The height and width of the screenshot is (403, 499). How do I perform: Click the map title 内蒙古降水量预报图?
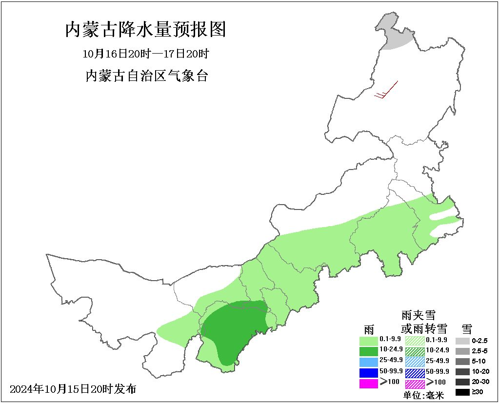click(x=145, y=30)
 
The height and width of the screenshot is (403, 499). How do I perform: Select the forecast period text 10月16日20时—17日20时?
click(x=145, y=53)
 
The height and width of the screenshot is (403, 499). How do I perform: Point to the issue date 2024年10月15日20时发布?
click(x=73, y=389)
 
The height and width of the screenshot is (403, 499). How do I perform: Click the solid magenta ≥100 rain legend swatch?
click(x=368, y=383)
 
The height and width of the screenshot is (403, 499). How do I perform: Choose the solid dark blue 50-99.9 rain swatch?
click(x=368, y=372)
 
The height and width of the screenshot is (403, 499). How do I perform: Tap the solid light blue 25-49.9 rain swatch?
click(x=368, y=362)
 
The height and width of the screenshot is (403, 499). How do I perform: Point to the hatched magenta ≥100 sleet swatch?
click(x=415, y=383)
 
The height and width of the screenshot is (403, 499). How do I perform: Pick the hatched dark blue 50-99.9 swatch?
click(x=415, y=372)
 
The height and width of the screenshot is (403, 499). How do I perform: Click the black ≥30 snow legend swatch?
click(x=463, y=392)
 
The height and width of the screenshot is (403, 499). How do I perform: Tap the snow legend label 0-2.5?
click(x=480, y=341)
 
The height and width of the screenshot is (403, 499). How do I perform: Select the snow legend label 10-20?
click(x=480, y=371)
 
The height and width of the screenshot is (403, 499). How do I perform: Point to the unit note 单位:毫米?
click(x=423, y=396)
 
